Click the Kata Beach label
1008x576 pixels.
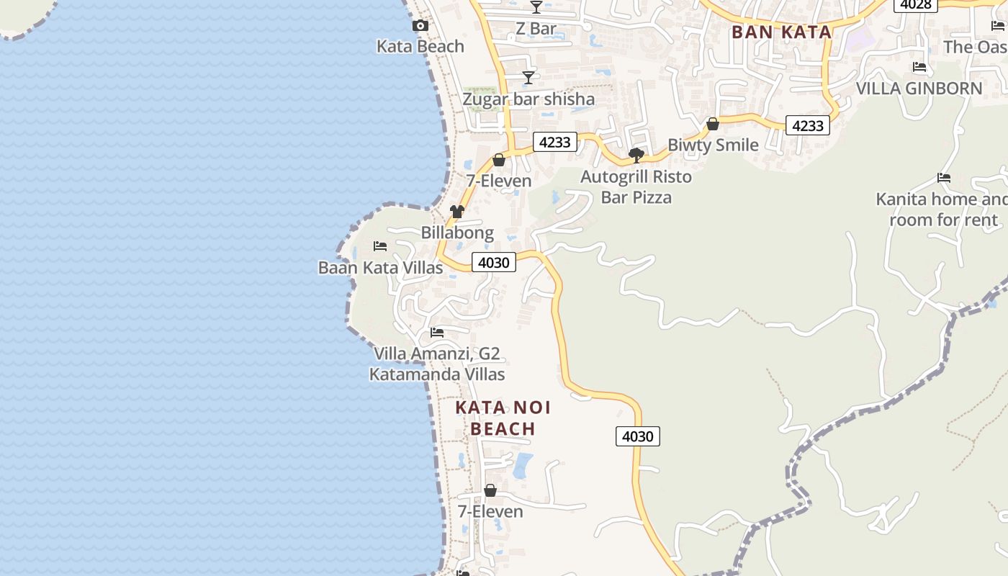pos(420,46)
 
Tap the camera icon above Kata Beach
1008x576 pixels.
pos(420,26)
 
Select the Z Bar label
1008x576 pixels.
pos(536,29)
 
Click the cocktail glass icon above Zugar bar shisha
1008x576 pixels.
pos(528,78)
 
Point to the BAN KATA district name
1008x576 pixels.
pos(781,32)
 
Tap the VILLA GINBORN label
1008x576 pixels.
pos(919,89)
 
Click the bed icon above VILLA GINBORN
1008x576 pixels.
pos(919,68)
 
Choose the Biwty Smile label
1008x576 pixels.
pos(713,145)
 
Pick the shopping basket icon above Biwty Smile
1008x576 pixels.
pos(713,125)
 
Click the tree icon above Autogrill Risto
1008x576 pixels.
pos(636,155)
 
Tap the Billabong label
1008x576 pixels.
pos(457,233)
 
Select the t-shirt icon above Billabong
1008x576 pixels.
pos(457,212)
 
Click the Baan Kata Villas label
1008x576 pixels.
pos(380,268)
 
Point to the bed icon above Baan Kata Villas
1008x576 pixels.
pos(380,247)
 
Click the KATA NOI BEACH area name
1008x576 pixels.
pos(503,418)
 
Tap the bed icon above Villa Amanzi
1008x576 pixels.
pos(437,333)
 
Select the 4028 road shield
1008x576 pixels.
pos(916,5)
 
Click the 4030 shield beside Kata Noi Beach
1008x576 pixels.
pos(638,436)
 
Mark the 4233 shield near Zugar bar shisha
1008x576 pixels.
pos(555,142)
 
